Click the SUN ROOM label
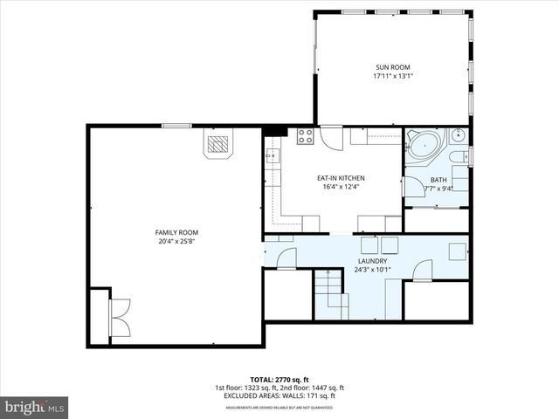tap(392, 67)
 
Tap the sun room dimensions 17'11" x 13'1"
tap(392, 76)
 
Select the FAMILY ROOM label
tap(176, 232)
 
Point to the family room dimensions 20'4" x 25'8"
tap(176, 242)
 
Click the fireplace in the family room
tap(219, 143)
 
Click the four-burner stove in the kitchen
tap(305, 135)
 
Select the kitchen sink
tap(272, 156)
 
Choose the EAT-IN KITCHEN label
tap(340, 178)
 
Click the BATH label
tap(438, 179)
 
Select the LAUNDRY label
tap(372, 260)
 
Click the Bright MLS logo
tap(35, 406)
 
